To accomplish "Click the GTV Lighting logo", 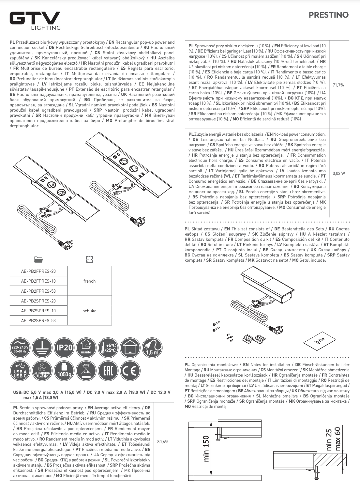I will click(x=35, y=21).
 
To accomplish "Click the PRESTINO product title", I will click(x=328, y=15).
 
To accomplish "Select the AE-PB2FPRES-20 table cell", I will click(x=38, y=271).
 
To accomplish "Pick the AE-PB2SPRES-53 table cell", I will click(x=38, y=320).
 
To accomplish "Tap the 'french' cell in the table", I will click(x=89, y=281).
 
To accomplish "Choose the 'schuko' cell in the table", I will click(x=89, y=311).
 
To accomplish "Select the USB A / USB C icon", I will click(x=20, y=370).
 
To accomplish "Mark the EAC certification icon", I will click(x=108, y=370).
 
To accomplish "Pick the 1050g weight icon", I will click(x=64, y=370).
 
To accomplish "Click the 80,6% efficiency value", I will click(x=163, y=442).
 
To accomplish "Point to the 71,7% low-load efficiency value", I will click(x=338, y=85).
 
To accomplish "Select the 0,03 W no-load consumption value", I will click(x=338, y=173).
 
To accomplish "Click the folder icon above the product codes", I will click(x=38, y=259).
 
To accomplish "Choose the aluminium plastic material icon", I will click(x=42, y=370).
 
